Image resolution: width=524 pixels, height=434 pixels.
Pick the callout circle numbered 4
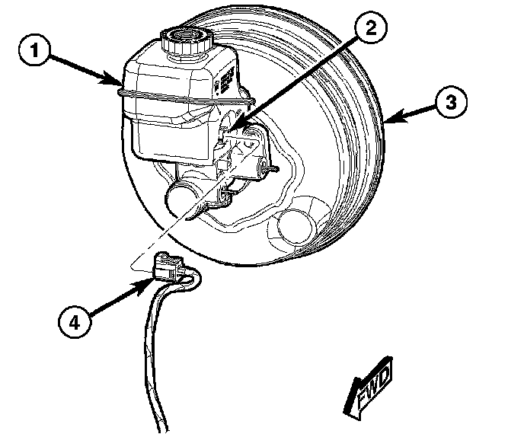coord(73,321)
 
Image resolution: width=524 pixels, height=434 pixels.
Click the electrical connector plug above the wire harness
coord(169,267)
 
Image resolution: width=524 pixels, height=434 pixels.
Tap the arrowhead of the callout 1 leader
coord(118,79)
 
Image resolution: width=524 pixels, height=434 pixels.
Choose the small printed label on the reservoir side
coord(227,79)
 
